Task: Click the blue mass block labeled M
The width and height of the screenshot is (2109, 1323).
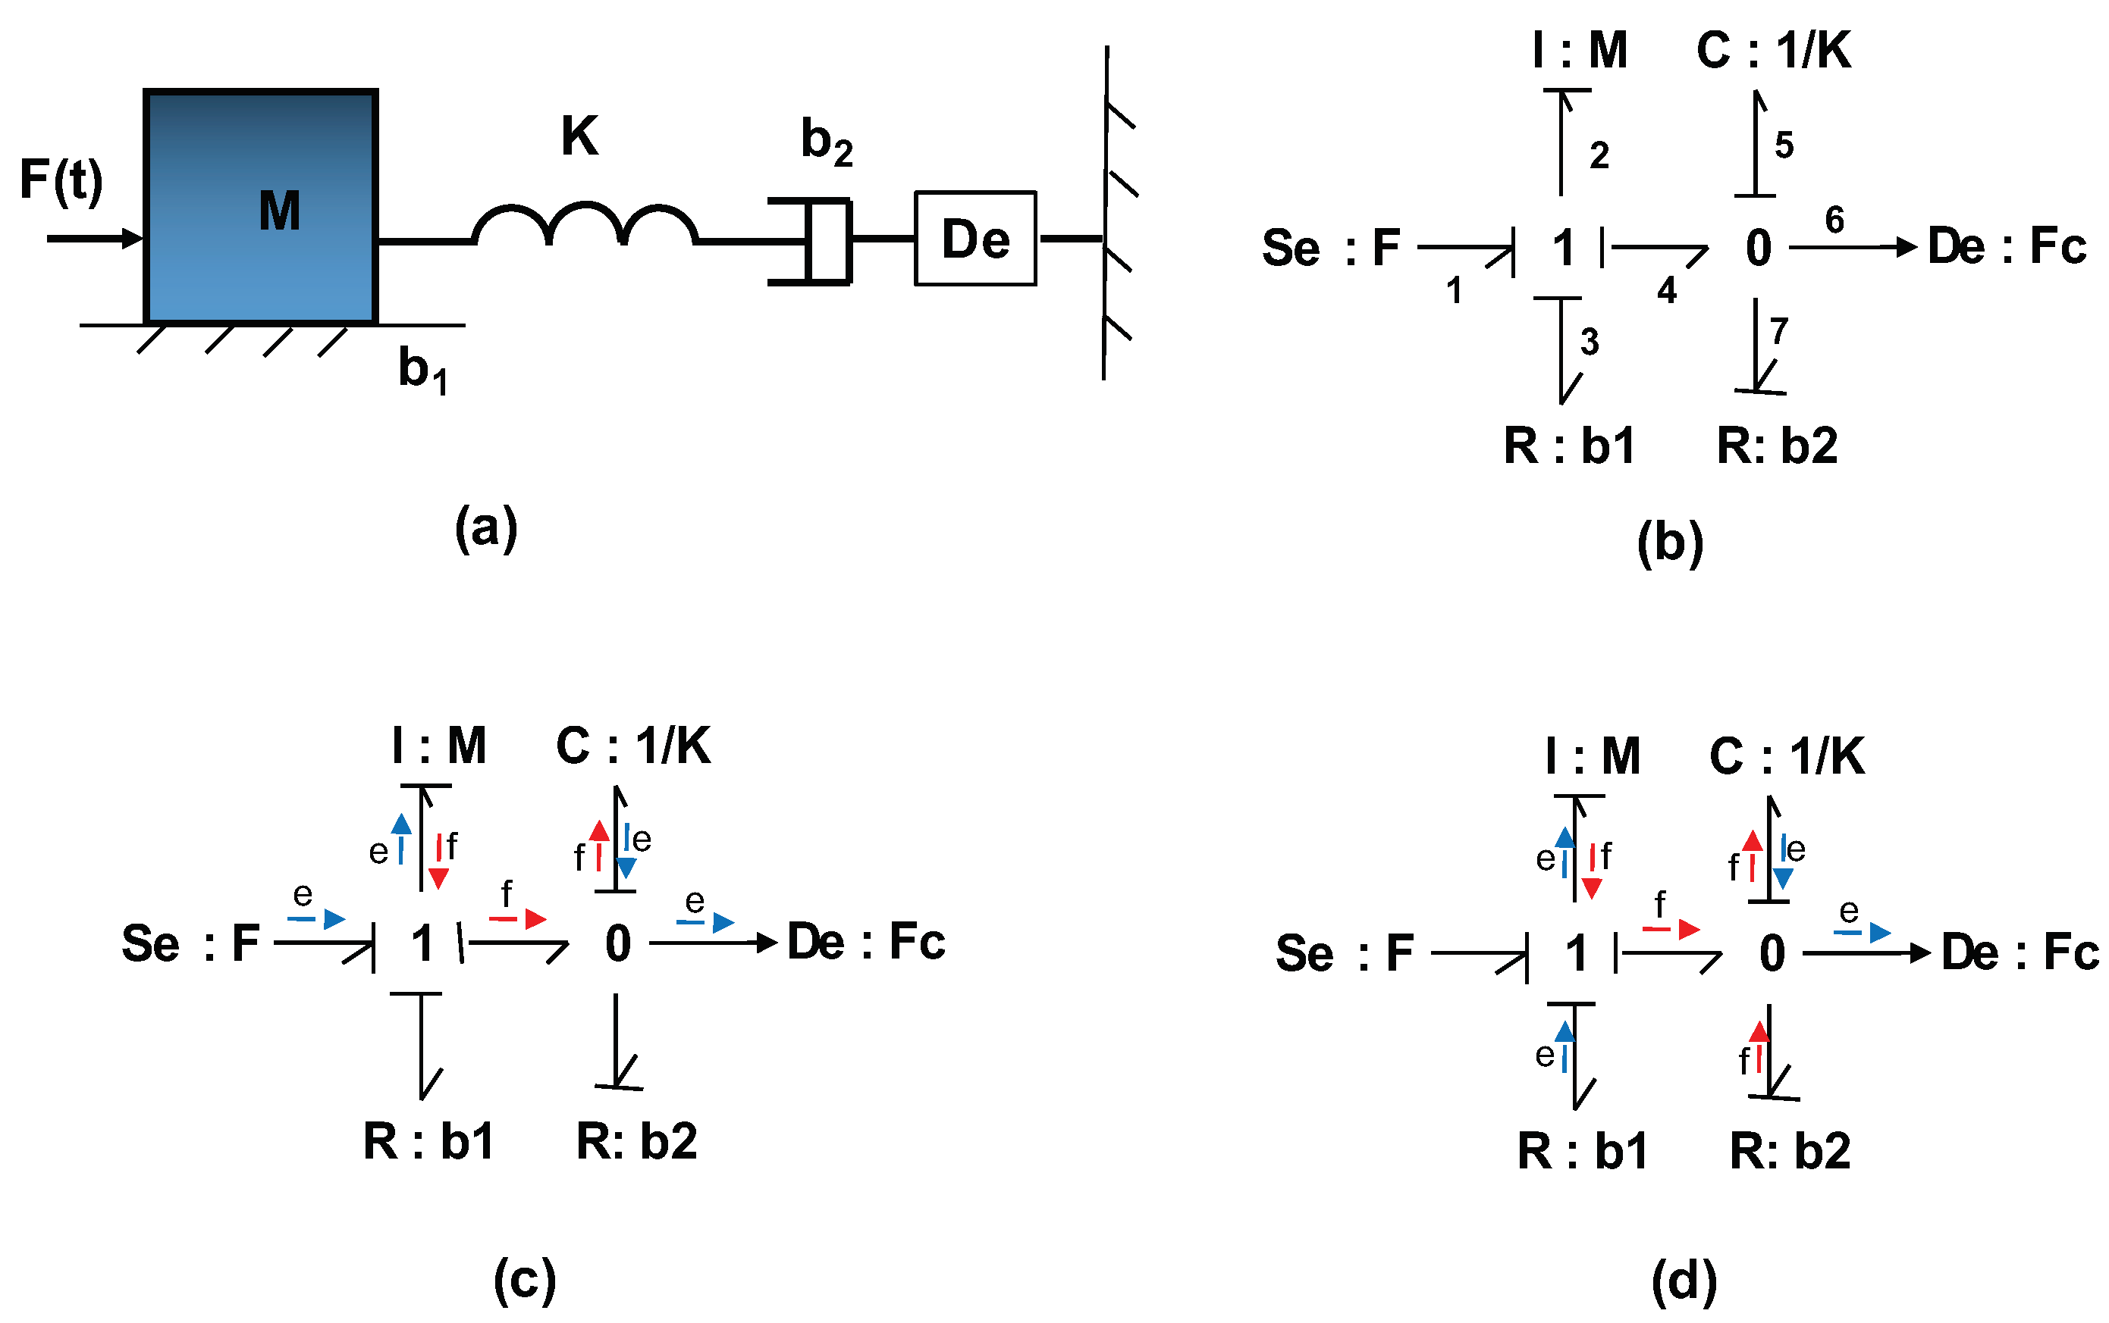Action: [261, 208]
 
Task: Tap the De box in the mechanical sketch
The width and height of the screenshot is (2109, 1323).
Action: [974, 238]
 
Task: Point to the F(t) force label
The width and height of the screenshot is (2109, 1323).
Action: [61, 181]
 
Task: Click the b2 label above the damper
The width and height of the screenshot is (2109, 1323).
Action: [826, 142]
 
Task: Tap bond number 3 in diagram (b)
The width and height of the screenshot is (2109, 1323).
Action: [1589, 341]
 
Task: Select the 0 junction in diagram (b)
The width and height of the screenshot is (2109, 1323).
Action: [1758, 249]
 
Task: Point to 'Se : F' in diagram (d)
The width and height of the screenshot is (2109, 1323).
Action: [1344, 953]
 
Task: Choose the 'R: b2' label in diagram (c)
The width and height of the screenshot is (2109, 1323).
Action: [636, 1141]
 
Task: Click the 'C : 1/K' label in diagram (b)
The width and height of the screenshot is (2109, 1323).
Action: [1774, 51]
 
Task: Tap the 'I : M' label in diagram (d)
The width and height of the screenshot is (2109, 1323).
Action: [1593, 756]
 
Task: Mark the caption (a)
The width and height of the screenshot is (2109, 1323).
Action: [486, 527]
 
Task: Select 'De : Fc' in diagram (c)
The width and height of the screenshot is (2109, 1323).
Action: [865, 943]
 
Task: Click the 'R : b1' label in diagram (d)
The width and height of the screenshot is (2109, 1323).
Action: [1582, 1151]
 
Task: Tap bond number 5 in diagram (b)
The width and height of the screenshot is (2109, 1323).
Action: [1784, 145]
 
